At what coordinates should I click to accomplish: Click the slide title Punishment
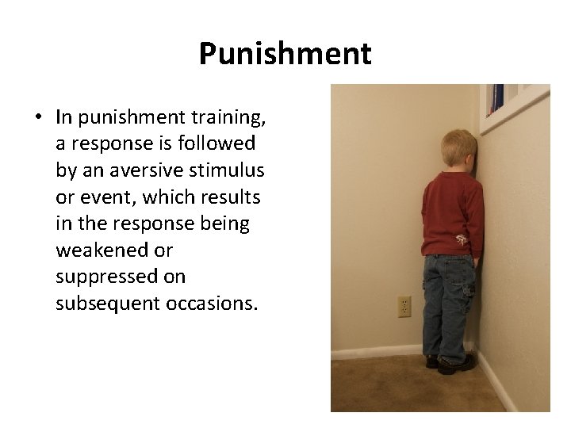tap(285, 54)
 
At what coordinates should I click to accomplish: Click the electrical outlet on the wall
tap(404, 308)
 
